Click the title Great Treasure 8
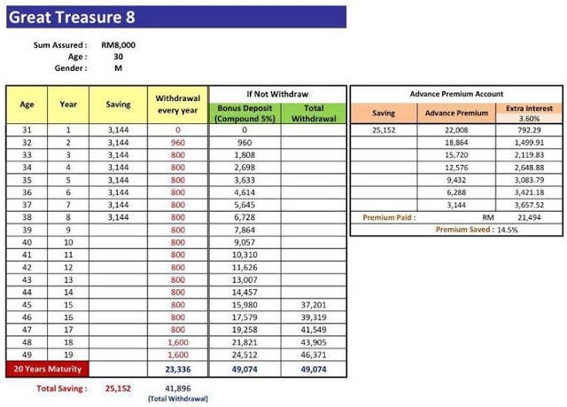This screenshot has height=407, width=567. (x=61, y=16)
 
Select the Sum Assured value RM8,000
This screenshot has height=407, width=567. (x=119, y=44)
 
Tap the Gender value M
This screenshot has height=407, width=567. (x=118, y=67)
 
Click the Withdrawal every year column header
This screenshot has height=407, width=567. (x=177, y=104)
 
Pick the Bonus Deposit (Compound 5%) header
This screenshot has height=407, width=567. (x=244, y=113)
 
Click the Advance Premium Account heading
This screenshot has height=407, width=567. (x=456, y=93)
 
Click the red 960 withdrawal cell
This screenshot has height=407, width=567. (x=177, y=142)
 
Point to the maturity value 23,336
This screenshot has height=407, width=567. (x=177, y=368)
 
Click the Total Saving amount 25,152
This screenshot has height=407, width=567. (x=117, y=387)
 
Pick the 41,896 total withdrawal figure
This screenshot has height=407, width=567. (x=178, y=387)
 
